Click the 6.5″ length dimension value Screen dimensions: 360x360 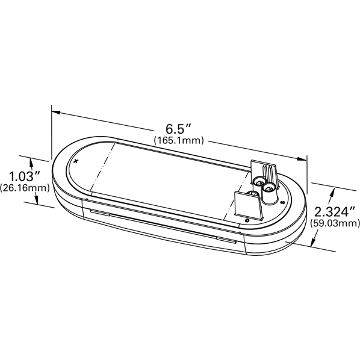(x=178, y=129)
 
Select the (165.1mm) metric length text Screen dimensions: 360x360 (x=179, y=140)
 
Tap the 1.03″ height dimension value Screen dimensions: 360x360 (x=25, y=176)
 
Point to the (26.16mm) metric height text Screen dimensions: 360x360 (x=25, y=188)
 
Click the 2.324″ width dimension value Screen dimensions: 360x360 (x=335, y=212)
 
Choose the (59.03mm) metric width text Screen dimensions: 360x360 (x=335, y=223)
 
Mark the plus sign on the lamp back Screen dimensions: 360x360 (x=76, y=161)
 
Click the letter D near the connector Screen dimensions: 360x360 (x=247, y=221)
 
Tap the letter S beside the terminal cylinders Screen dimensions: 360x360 (x=282, y=203)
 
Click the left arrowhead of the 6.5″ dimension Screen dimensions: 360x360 (x=56, y=112)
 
